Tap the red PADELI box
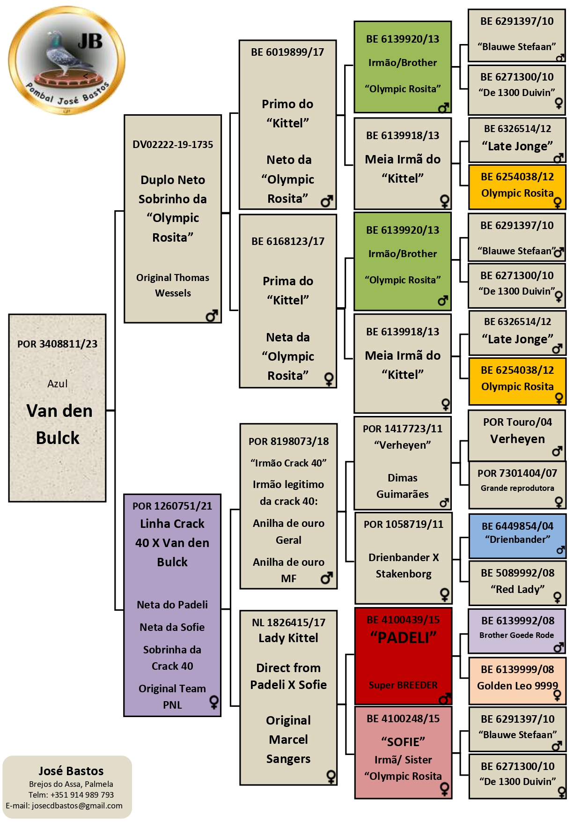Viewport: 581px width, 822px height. (x=403, y=656)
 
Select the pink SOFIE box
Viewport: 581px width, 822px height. (x=403, y=752)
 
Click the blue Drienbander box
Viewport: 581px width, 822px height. (x=517, y=536)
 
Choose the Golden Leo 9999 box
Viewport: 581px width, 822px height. (x=517, y=680)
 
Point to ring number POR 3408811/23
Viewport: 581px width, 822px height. (x=58, y=344)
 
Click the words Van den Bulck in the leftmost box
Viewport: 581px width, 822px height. (x=59, y=424)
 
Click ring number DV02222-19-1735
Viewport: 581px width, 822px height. (x=173, y=144)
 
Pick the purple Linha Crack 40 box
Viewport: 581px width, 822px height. (x=172, y=605)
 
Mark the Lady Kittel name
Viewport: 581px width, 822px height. (x=288, y=638)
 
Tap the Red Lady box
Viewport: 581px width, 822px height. (x=517, y=583)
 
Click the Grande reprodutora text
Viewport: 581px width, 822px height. (x=517, y=488)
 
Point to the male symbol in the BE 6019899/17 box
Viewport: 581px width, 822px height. (x=327, y=201)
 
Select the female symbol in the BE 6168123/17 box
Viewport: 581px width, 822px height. (x=329, y=379)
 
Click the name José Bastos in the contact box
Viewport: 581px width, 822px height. (x=71, y=771)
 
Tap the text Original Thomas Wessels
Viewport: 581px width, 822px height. (x=173, y=285)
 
